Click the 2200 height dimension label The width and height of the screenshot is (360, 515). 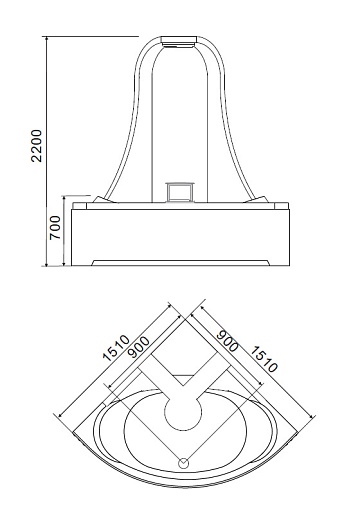pos(36,146)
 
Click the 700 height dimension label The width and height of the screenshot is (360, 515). pos(55,228)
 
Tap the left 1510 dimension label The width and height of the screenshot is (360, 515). pos(116,348)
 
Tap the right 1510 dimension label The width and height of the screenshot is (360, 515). pos(264,359)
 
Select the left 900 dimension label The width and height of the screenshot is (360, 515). pos(139,347)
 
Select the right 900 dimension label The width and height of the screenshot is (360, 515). pos(227,341)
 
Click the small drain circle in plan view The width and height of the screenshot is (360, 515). pos(184,463)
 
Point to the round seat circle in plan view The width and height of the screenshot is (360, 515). pos(183,412)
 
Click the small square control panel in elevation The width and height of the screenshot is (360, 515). pos(180,192)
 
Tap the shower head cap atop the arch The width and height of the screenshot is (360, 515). pos(179,41)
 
